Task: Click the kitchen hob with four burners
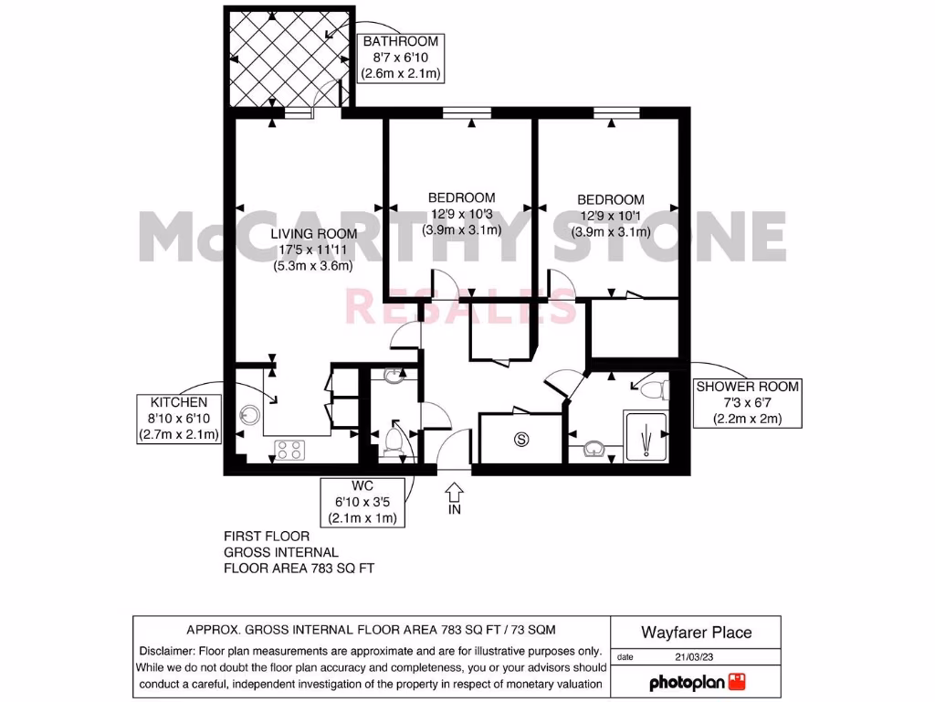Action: point(290,450)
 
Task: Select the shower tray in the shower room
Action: point(646,436)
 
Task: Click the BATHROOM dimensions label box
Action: point(401,58)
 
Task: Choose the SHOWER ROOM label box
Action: point(747,403)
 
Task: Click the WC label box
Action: point(363,501)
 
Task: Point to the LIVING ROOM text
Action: point(313,234)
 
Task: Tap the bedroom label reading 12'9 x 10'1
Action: point(611,216)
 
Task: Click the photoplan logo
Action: point(698,682)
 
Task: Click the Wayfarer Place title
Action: point(697,632)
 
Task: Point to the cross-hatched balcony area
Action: point(286,57)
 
